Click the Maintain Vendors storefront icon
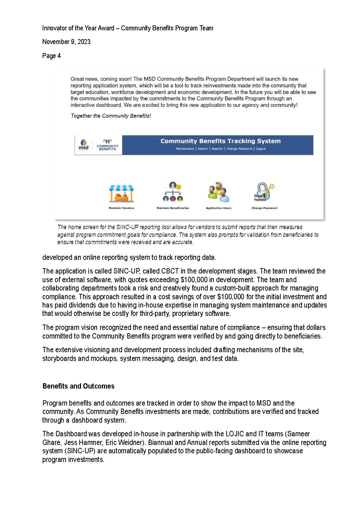pyautogui.click(x=121, y=194)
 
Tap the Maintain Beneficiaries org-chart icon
pyautogui.click(x=173, y=192)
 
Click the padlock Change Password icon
pyautogui.click(x=264, y=192)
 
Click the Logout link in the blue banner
pyautogui.click(x=261, y=149)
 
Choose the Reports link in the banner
pyautogui.click(x=217, y=149)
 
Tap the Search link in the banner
pyautogui.click(x=203, y=149)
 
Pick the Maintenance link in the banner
pyautogui.click(x=185, y=149)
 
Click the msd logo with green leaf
pyautogui.click(x=84, y=145)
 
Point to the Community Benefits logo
pyautogui.click(x=107, y=145)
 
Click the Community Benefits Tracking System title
pyautogui.click(x=220, y=141)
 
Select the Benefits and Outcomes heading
pyautogui.click(x=78, y=386)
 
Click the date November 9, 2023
pyautogui.click(x=66, y=42)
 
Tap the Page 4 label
pyautogui.click(x=51, y=56)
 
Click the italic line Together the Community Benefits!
pyautogui.click(x=111, y=116)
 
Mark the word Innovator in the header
pyautogui.click(x=54, y=28)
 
